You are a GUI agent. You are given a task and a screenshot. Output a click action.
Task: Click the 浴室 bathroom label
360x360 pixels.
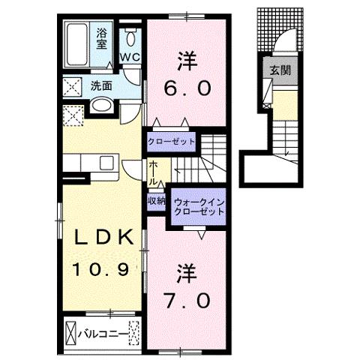[102, 37]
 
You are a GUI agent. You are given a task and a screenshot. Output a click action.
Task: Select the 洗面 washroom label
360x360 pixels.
[102, 85]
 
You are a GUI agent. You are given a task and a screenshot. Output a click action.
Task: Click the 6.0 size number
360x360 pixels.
[184, 87]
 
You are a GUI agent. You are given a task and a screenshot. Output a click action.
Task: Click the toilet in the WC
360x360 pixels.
[130, 39]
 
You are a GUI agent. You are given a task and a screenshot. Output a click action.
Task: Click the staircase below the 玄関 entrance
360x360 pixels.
[288, 139]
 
